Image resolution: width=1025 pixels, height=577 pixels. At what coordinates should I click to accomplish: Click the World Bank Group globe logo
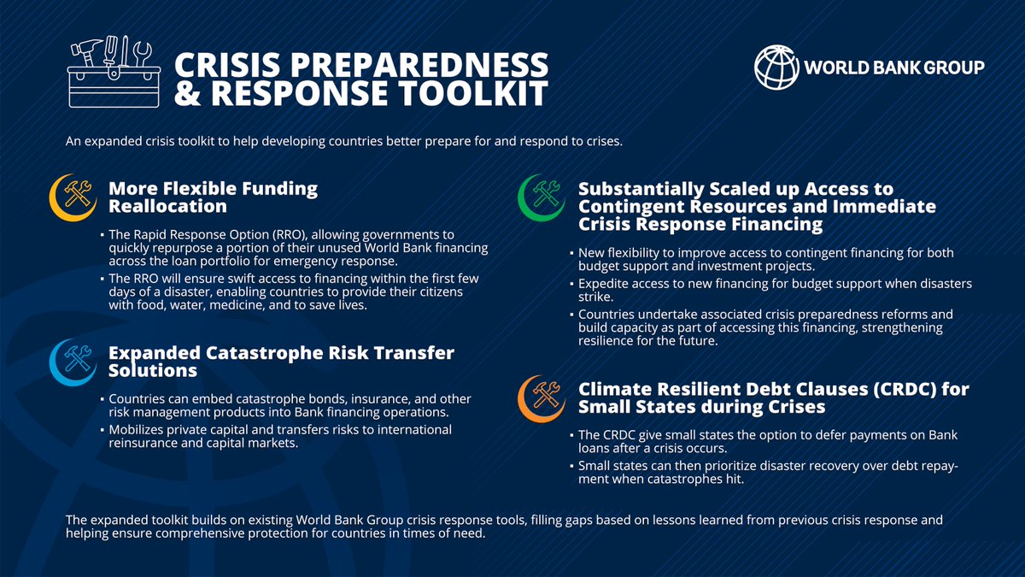tap(778, 68)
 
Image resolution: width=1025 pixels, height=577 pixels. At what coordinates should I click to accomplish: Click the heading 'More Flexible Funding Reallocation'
tap(213, 197)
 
